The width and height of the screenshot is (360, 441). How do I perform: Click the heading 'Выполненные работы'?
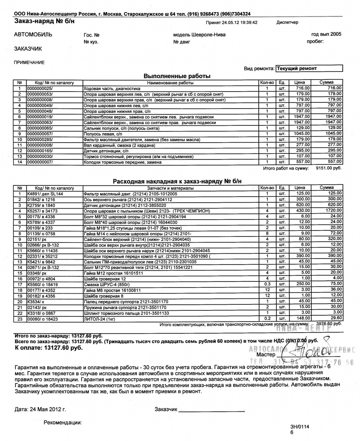[x=177, y=76]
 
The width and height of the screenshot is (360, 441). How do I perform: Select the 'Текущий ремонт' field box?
[x=309, y=68]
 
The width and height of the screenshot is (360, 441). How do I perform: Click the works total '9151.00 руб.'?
[x=329, y=168]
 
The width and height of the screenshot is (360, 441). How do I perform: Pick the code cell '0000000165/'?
[x=40, y=150]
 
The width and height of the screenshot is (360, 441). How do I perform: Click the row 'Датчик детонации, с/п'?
[x=170, y=150]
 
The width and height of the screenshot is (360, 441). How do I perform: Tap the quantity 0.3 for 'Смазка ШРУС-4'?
[x=267, y=284]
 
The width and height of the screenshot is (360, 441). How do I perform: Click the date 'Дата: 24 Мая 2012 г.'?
[x=40, y=408]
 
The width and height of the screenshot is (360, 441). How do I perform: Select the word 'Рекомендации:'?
[x=63, y=423]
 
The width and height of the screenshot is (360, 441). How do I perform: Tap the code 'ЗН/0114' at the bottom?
[x=300, y=427]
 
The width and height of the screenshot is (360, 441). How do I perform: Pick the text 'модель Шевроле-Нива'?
[x=199, y=35]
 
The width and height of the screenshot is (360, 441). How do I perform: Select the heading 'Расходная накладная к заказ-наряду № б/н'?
[x=177, y=182]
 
